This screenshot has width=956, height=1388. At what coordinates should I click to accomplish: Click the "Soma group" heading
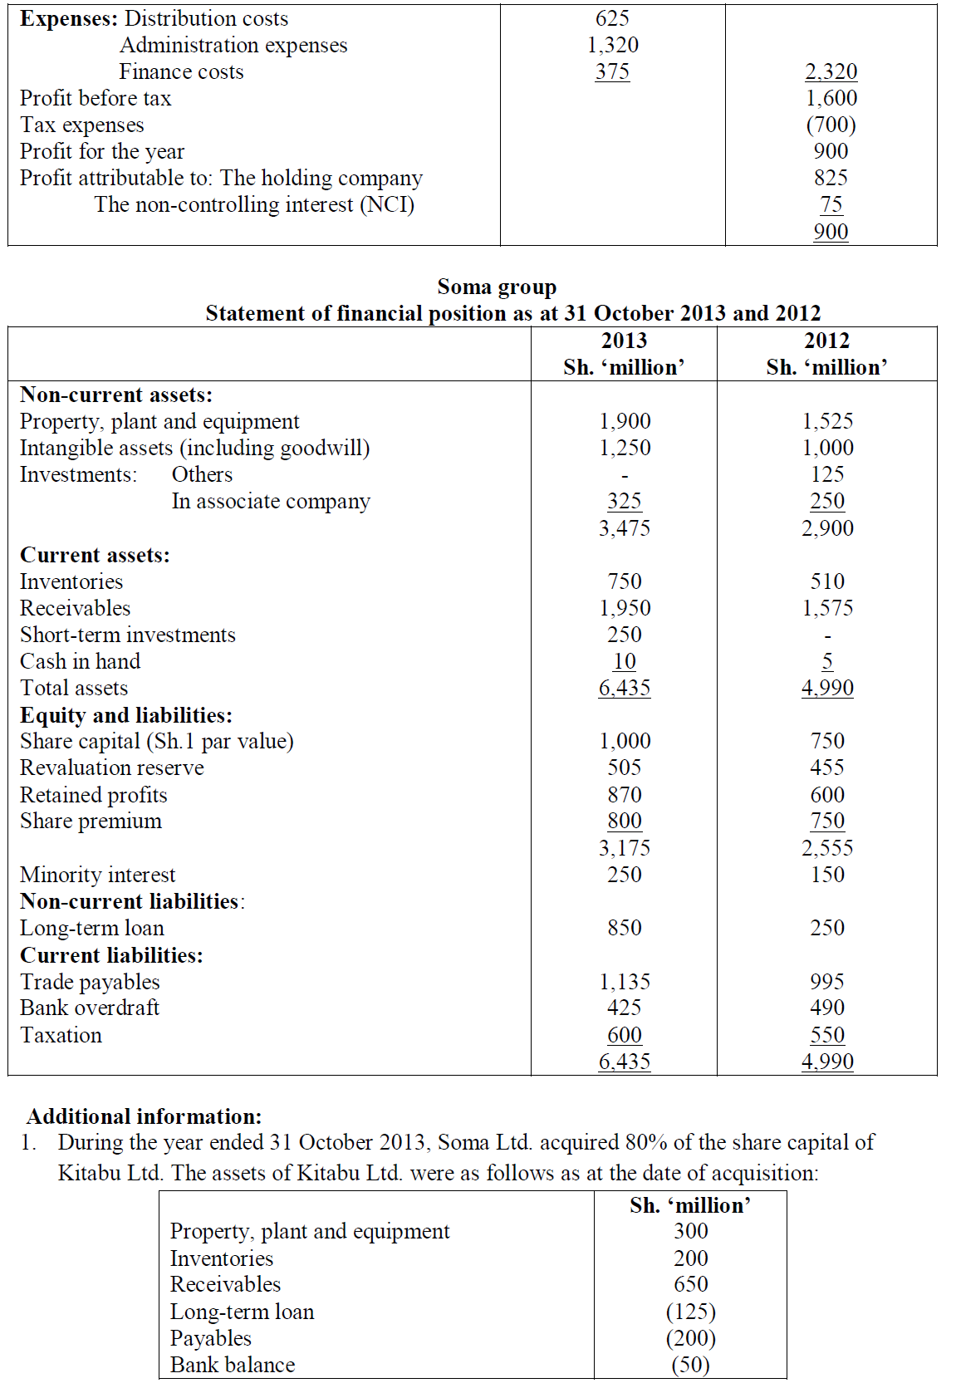[x=497, y=287]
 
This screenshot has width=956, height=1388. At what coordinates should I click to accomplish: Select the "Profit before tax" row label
[x=96, y=98]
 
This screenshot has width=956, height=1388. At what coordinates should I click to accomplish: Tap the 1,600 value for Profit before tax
[x=831, y=98]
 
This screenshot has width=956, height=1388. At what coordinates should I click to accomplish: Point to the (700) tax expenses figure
[x=831, y=125]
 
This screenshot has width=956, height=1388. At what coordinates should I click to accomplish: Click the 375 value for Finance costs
[x=612, y=71]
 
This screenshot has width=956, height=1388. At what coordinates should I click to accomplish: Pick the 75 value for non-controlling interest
[x=831, y=204]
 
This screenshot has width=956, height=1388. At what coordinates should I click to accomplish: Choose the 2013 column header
[x=624, y=341]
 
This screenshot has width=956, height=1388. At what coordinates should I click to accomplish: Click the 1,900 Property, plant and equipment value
[x=625, y=421]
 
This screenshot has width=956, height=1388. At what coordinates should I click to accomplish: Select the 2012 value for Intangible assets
[x=827, y=448]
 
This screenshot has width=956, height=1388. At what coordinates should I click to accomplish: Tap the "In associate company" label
[x=271, y=501]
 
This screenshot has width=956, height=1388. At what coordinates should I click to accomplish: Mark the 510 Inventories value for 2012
[x=827, y=581]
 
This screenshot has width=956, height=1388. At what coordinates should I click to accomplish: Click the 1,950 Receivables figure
[x=625, y=608]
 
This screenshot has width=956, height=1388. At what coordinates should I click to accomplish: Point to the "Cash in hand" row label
[x=81, y=661]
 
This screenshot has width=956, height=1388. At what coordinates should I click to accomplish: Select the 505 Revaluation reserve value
[x=625, y=768]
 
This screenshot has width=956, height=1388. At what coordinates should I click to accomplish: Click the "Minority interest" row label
[x=98, y=875]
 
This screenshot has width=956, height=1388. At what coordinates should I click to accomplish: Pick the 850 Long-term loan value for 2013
[x=625, y=928]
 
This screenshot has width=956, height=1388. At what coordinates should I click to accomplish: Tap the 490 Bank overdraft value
[x=827, y=1008]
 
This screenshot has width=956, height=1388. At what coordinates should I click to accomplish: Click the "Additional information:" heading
[x=145, y=1116]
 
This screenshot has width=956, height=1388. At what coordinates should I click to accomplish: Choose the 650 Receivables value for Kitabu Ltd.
[x=690, y=1284]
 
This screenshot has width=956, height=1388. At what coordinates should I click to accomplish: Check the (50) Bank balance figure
[x=690, y=1365]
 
